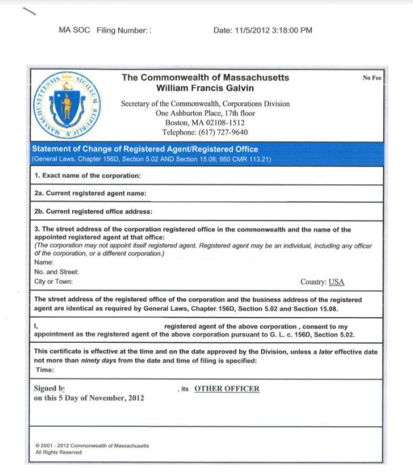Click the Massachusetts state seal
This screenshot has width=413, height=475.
[66, 104]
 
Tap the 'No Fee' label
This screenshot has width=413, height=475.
[372, 78]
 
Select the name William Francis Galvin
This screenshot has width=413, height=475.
[205, 88]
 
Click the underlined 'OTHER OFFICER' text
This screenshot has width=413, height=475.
[227, 389]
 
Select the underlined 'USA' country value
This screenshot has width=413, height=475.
[336, 282]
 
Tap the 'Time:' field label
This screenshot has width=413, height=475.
[44, 370]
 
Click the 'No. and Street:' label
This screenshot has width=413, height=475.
[56, 272]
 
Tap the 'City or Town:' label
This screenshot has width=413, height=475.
[53, 282]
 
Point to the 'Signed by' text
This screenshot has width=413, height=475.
[49, 388]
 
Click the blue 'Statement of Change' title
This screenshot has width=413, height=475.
[145, 149]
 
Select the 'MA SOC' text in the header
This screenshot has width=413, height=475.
[74, 30]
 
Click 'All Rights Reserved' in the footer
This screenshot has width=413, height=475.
[59, 452]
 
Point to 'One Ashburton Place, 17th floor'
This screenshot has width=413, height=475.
[205, 113]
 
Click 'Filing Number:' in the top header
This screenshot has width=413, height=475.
[123, 30]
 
